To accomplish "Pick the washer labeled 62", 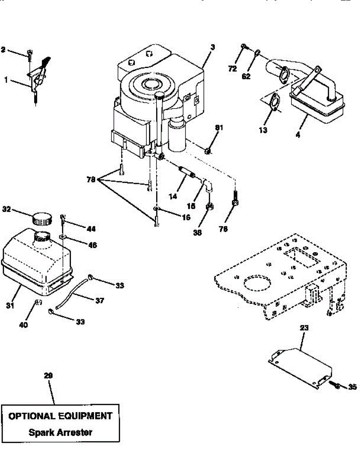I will [x=258, y=53].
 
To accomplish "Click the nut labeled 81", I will [x=207, y=151].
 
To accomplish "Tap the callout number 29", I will [x=48, y=376].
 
